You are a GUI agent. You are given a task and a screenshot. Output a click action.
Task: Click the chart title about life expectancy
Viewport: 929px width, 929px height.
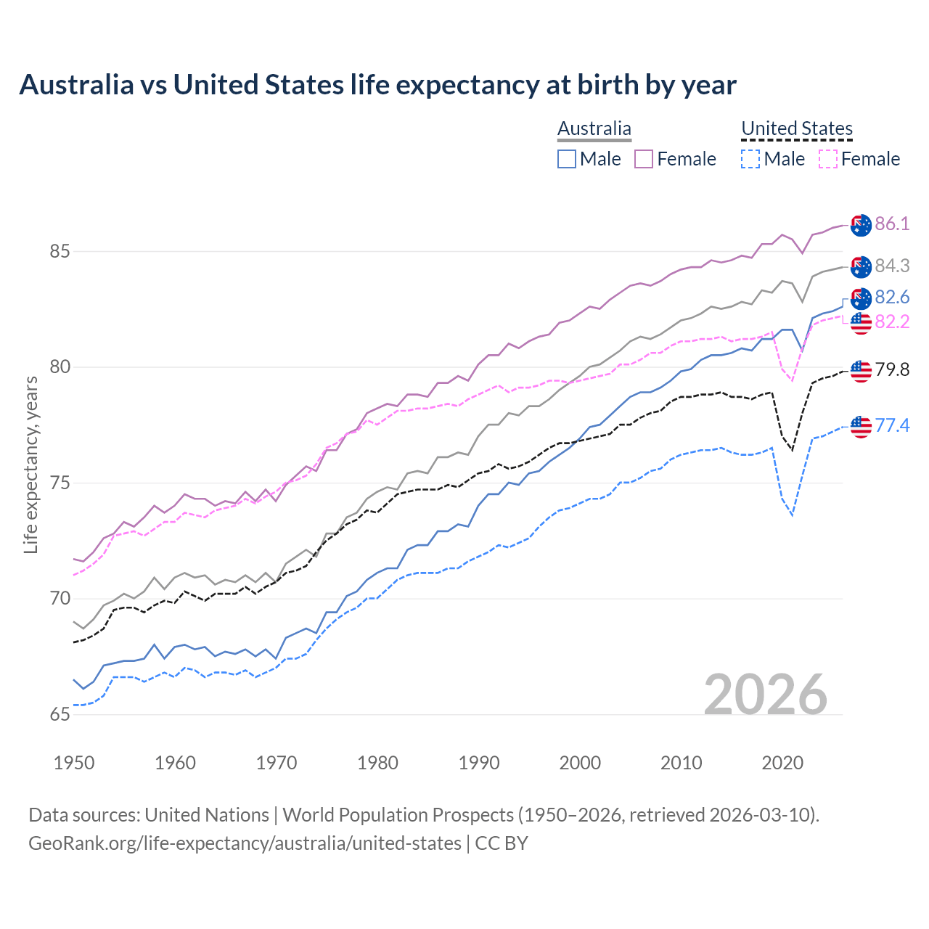[377, 85]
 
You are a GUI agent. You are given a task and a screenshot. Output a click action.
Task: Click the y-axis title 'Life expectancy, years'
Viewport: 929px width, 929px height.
[30, 464]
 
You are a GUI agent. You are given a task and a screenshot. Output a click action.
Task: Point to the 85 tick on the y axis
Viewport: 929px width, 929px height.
[60, 252]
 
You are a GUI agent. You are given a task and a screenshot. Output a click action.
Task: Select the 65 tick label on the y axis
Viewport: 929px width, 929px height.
[60, 715]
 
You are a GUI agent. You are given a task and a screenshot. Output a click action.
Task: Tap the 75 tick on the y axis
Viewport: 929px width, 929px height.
[60, 483]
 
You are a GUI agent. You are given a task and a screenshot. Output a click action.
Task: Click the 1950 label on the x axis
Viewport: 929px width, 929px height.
[74, 763]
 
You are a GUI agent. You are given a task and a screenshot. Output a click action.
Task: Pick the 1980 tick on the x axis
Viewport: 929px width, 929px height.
[377, 763]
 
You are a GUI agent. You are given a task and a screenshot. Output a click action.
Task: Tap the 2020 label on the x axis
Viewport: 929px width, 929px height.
[782, 763]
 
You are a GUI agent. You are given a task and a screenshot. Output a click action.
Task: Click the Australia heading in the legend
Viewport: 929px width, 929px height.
[594, 128]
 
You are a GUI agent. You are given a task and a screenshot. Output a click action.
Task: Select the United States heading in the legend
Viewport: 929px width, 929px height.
[796, 128]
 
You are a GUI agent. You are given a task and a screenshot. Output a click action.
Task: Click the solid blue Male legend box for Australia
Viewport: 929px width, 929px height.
[567, 159]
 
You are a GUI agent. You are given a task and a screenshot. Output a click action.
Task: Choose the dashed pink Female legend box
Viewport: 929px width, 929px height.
[827, 159]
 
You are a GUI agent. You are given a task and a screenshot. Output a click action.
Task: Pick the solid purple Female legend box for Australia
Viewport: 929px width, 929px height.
[644, 159]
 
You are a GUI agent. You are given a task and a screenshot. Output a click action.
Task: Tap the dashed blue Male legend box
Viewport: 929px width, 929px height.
[750, 159]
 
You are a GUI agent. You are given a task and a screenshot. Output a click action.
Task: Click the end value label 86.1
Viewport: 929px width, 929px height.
[892, 224]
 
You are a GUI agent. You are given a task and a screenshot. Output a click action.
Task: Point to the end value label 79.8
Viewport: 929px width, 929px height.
[892, 370]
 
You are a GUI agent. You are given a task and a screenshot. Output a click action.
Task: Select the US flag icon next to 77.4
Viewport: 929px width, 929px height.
[861, 427]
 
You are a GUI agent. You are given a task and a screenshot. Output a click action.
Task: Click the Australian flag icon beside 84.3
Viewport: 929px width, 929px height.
[861, 267]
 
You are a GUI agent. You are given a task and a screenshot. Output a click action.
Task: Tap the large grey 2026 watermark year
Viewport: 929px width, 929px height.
[766, 695]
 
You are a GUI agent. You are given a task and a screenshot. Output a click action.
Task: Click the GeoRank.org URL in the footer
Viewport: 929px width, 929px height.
[245, 843]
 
